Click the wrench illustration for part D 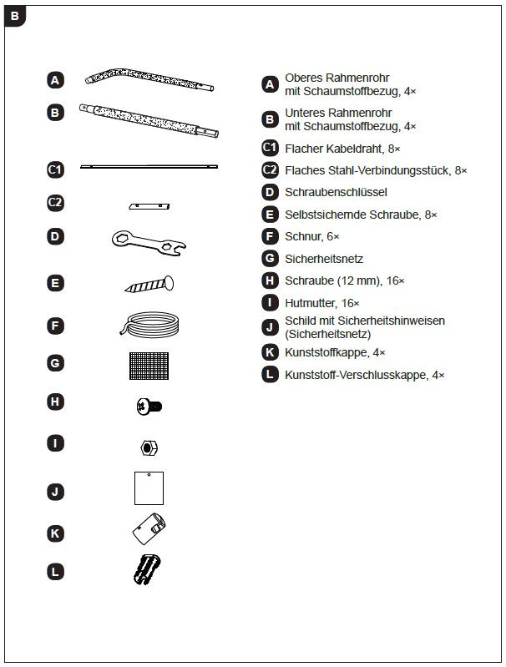[149, 241]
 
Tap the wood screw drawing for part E [149, 284]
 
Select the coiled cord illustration [149, 323]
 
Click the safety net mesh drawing [149, 364]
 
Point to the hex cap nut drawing [147, 447]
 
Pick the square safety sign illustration [149, 488]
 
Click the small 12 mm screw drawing [149, 406]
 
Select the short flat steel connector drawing [149, 205]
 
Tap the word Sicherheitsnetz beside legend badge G [324, 259]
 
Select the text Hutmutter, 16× [321, 303]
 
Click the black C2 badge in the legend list [270, 170]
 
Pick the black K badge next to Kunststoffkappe [269, 353]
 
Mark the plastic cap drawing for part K [149, 528]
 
